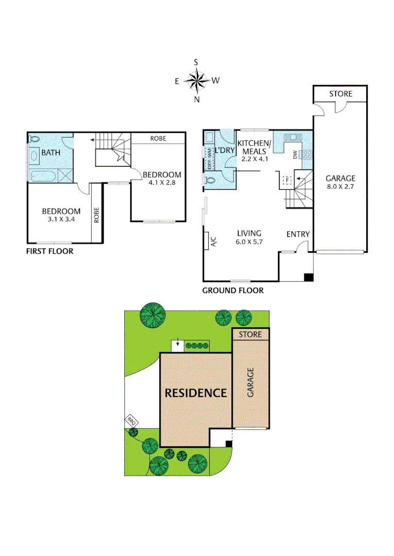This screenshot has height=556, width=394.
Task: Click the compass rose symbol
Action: pos(196,80)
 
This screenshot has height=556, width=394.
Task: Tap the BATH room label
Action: pos(51,152)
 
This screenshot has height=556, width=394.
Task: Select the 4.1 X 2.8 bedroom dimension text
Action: pos(162,182)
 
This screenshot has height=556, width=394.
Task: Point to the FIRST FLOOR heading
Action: pos(50,251)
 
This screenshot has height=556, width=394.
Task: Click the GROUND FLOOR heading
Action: pos(233,290)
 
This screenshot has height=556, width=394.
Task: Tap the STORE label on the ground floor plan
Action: pos(341,94)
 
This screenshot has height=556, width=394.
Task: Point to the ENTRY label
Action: pos(298,234)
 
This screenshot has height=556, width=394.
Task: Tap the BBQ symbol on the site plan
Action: pos(131,421)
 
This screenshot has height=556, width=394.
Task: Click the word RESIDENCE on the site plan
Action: pos(195,393)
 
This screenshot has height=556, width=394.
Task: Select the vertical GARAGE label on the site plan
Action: pos(251,382)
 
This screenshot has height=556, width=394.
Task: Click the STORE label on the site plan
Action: pos(250,335)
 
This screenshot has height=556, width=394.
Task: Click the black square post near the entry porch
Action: pos(308,277)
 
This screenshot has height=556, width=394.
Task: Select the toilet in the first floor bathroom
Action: pos(35,139)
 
